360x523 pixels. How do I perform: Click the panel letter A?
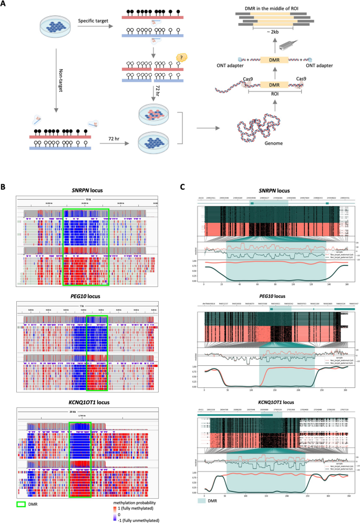[x=5, y=5]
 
